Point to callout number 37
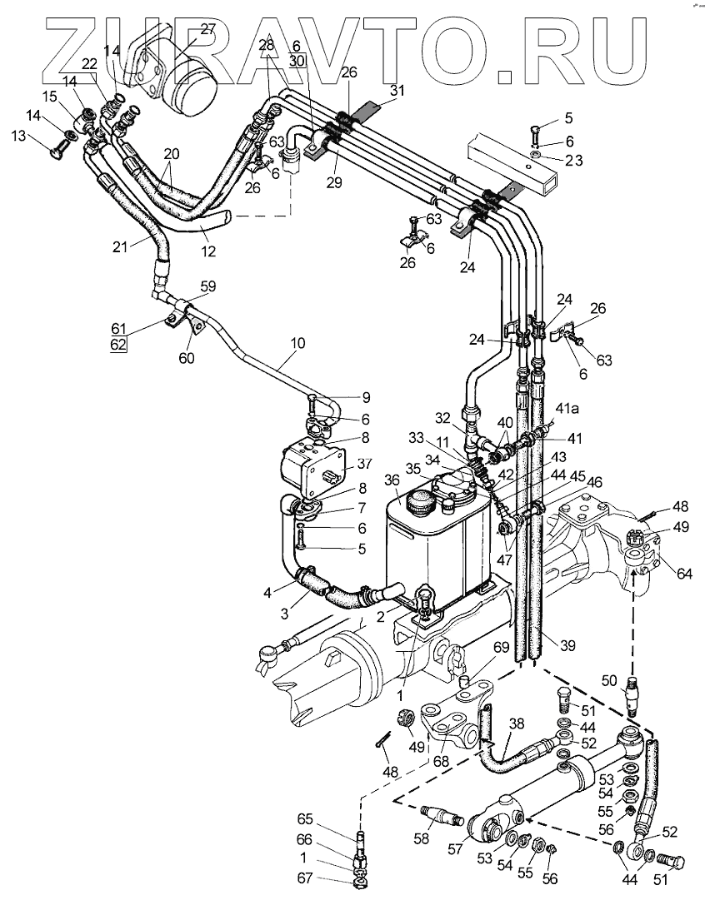[364, 464]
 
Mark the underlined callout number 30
[297, 60]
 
